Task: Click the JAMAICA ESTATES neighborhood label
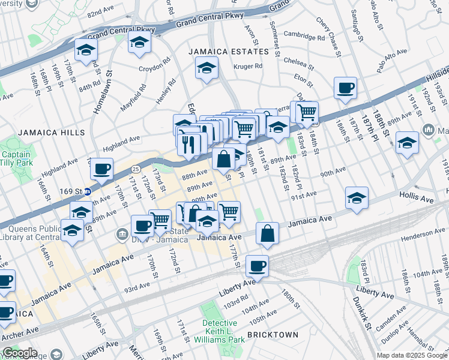click(219, 52)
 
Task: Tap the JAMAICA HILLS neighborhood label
click(43, 132)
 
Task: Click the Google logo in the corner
click(19, 353)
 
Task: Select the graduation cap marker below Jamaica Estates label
click(206, 68)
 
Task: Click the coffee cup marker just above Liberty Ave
click(257, 265)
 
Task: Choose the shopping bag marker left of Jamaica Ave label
click(267, 233)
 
